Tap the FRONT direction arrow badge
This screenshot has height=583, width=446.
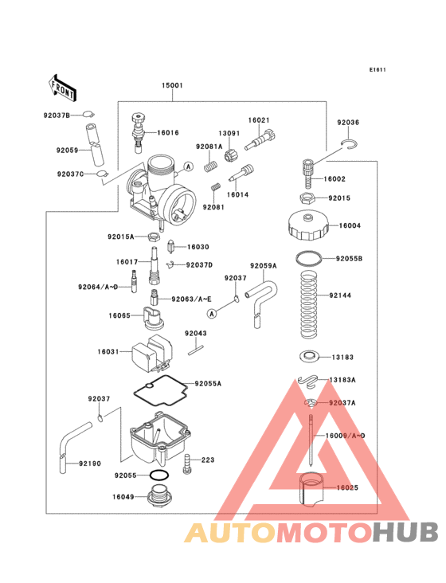coord(63,87)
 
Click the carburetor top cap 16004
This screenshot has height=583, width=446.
coord(307,225)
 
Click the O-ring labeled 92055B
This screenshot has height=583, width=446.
coord(309,259)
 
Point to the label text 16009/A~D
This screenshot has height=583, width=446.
coord(345,436)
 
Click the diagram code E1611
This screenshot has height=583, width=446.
coord(378,70)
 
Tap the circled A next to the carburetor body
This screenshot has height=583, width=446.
coord(189,166)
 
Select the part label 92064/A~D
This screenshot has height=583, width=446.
coord(98,286)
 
